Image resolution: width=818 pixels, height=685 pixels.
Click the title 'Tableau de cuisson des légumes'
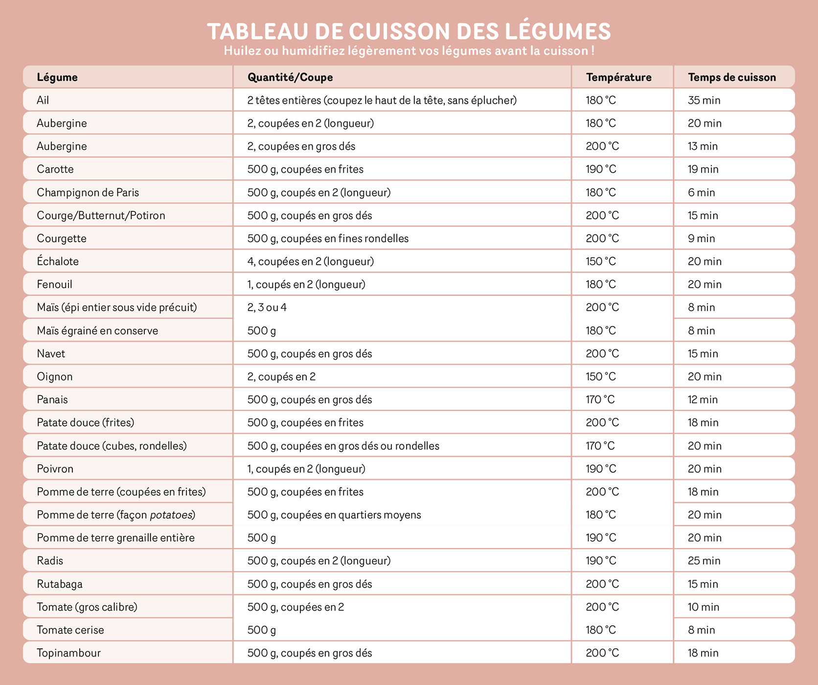point(409,31)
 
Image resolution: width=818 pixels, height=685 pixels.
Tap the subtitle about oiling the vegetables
point(409,51)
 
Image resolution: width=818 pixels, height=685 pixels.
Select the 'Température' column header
point(618,77)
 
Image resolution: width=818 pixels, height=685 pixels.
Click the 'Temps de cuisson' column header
point(731,77)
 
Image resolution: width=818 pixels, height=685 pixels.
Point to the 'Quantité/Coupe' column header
point(290,77)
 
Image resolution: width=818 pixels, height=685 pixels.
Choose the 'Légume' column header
point(57,77)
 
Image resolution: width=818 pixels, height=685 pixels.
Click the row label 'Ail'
point(43,100)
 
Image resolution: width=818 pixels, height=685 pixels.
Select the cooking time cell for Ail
point(704,100)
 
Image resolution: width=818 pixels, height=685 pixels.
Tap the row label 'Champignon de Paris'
point(88,193)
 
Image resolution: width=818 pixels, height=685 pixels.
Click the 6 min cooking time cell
point(701,193)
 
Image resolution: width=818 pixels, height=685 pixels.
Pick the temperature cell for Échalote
point(601,262)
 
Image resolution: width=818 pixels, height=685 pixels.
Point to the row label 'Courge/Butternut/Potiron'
point(101,216)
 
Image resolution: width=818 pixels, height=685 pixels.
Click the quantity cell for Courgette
point(328,239)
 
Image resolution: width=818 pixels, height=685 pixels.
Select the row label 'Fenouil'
point(54,285)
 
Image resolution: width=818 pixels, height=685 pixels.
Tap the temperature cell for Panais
point(600,400)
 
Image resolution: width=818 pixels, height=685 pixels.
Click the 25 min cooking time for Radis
point(704,561)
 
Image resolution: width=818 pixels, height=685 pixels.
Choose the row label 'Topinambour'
point(68,653)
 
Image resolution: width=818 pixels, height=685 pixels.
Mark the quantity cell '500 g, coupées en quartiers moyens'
point(334,515)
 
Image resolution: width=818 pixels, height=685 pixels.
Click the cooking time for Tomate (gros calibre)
point(704,607)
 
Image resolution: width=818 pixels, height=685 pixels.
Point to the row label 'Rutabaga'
point(60,584)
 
